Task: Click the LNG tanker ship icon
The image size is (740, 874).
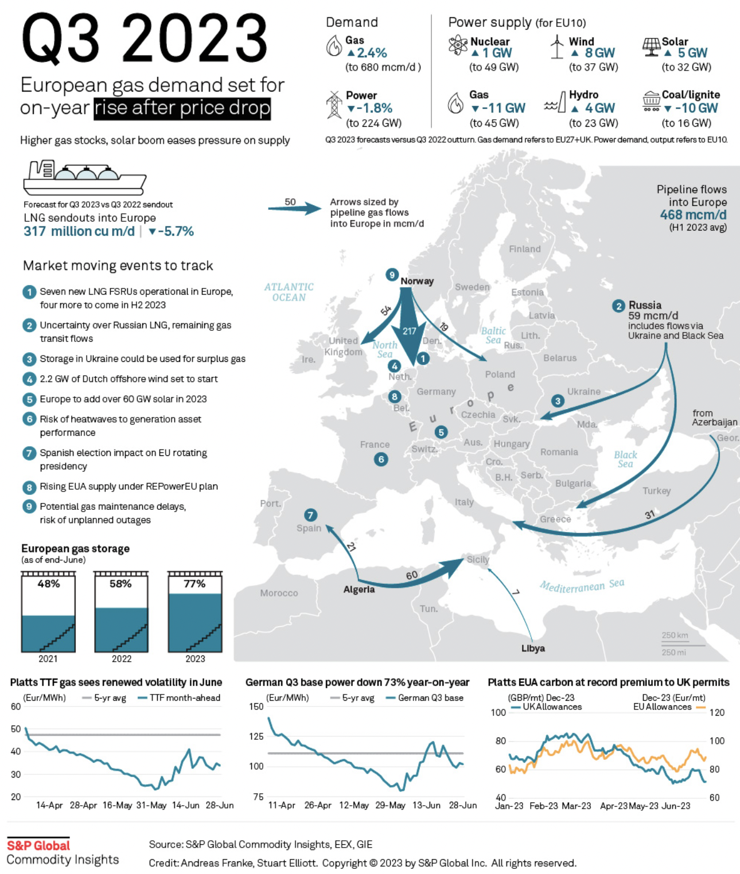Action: coord(84,178)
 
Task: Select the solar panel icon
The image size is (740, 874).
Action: coord(651,46)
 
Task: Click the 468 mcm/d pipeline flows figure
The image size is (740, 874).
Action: coord(693,215)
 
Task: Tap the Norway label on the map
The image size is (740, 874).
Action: coord(417,281)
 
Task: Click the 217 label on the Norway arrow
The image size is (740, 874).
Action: coord(409,331)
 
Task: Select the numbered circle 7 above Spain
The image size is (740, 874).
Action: coord(310,514)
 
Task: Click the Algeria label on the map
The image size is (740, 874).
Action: coord(359,590)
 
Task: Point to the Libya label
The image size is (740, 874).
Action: coord(533,649)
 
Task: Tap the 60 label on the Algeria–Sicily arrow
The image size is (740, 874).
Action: coord(412,575)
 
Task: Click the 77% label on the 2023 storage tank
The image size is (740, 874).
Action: coord(194,584)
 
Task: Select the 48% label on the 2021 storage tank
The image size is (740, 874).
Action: coord(49,584)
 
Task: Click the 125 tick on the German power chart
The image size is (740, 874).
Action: coord(256,736)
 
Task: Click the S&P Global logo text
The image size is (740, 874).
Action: coord(38,845)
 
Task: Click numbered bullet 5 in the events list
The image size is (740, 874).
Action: coord(29,399)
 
